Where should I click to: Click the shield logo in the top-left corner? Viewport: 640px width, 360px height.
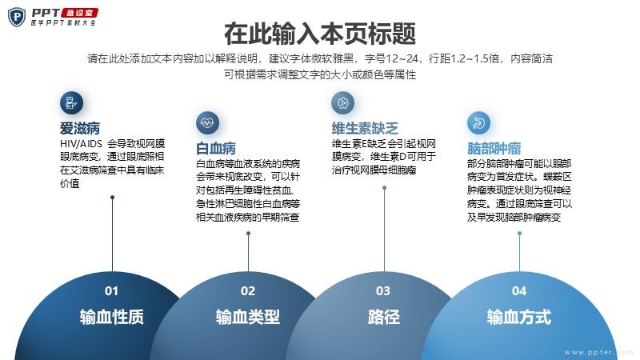click(x=17, y=17)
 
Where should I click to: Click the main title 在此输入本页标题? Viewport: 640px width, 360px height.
click(x=320, y=34)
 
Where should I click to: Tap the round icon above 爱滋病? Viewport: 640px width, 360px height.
click(x=71, y=102)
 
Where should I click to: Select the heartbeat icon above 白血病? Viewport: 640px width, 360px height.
click(x=207, y=122)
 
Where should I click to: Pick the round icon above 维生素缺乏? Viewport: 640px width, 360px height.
click(x=343, y=102)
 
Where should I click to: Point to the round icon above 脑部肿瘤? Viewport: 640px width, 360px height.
click(x=478, y=122)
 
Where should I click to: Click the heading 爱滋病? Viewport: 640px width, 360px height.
click(x=80, y=128)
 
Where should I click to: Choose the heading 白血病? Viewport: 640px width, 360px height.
click(x=216, y=148)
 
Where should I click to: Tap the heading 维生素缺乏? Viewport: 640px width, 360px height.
click(x=365, y=128)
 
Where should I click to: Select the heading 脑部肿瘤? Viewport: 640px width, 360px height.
click(x=494, y=148)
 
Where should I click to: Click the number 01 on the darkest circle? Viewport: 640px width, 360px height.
click(x=111, y=291)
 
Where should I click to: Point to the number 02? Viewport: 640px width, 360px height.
click(x=248, y=291)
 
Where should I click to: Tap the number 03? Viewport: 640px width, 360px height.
click(x=383, y=291)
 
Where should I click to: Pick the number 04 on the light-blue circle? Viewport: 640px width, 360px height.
click(x=519, y=291)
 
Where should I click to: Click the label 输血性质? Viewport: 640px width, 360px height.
click(x=112, y=317)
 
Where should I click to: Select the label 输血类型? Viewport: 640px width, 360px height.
click(x=248, y=317)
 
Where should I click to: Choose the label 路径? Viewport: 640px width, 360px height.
click(x=384, y=317)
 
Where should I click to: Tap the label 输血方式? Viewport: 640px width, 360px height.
click(x=519, y=317)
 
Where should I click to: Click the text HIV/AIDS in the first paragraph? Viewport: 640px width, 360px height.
click(x=81, y=144)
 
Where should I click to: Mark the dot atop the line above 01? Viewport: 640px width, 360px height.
click(x=112, y=198)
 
